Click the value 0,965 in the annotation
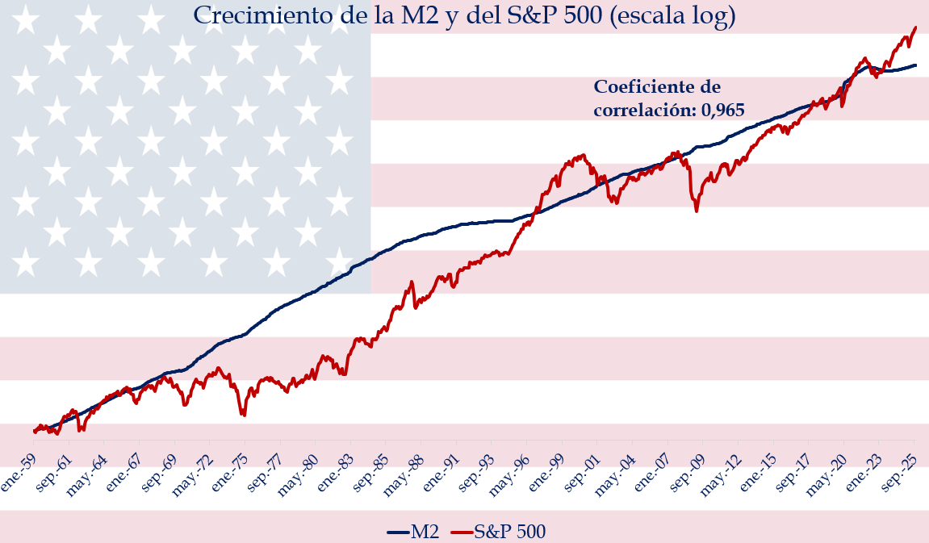pos(722,110)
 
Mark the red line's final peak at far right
pos(915,27)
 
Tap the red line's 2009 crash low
pos(697,211)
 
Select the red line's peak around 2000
pos(582,156)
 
